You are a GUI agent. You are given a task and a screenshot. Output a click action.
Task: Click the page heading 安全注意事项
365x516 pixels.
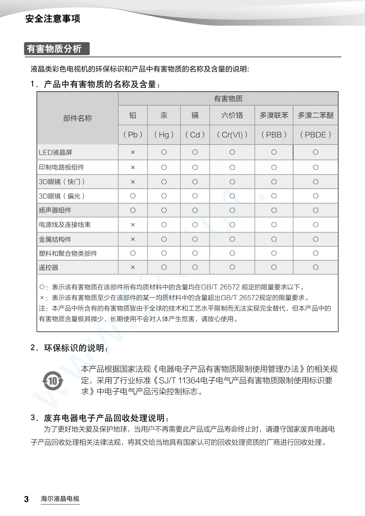coord(53,19)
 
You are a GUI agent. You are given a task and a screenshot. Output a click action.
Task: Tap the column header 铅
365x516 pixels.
coord(133,115)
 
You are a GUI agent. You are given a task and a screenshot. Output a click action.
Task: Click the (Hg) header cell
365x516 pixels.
coord(164,135)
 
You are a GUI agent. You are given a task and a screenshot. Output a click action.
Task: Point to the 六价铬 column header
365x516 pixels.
coord(232,115)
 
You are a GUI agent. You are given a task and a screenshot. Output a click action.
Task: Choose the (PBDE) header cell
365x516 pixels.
coord(315,135)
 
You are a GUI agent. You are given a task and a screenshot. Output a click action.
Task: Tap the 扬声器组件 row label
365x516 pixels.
coord(55,210)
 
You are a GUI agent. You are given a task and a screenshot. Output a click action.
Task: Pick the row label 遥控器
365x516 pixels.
coord(49,268)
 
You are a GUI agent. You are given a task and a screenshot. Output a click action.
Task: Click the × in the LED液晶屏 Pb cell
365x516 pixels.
coord(133,152)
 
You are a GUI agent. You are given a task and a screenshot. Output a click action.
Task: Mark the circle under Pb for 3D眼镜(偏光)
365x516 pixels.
coord(133,196)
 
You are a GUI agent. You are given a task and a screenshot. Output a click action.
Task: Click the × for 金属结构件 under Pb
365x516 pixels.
coord(133,239)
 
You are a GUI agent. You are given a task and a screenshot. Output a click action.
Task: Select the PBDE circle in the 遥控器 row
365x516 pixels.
coord(315,268)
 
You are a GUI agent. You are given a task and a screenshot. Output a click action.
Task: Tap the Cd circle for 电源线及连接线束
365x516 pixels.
coord(195,225)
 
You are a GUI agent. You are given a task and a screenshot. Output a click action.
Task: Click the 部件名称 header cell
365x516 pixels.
coord(77,118)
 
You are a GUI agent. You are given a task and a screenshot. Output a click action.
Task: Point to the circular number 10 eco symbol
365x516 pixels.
coord(53,381)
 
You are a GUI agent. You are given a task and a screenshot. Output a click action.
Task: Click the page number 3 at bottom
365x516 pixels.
coord(26,499)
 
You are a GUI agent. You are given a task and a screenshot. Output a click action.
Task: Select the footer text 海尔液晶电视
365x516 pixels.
coord(60,499)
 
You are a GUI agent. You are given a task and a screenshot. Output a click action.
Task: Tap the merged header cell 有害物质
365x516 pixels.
coord(228,99)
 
